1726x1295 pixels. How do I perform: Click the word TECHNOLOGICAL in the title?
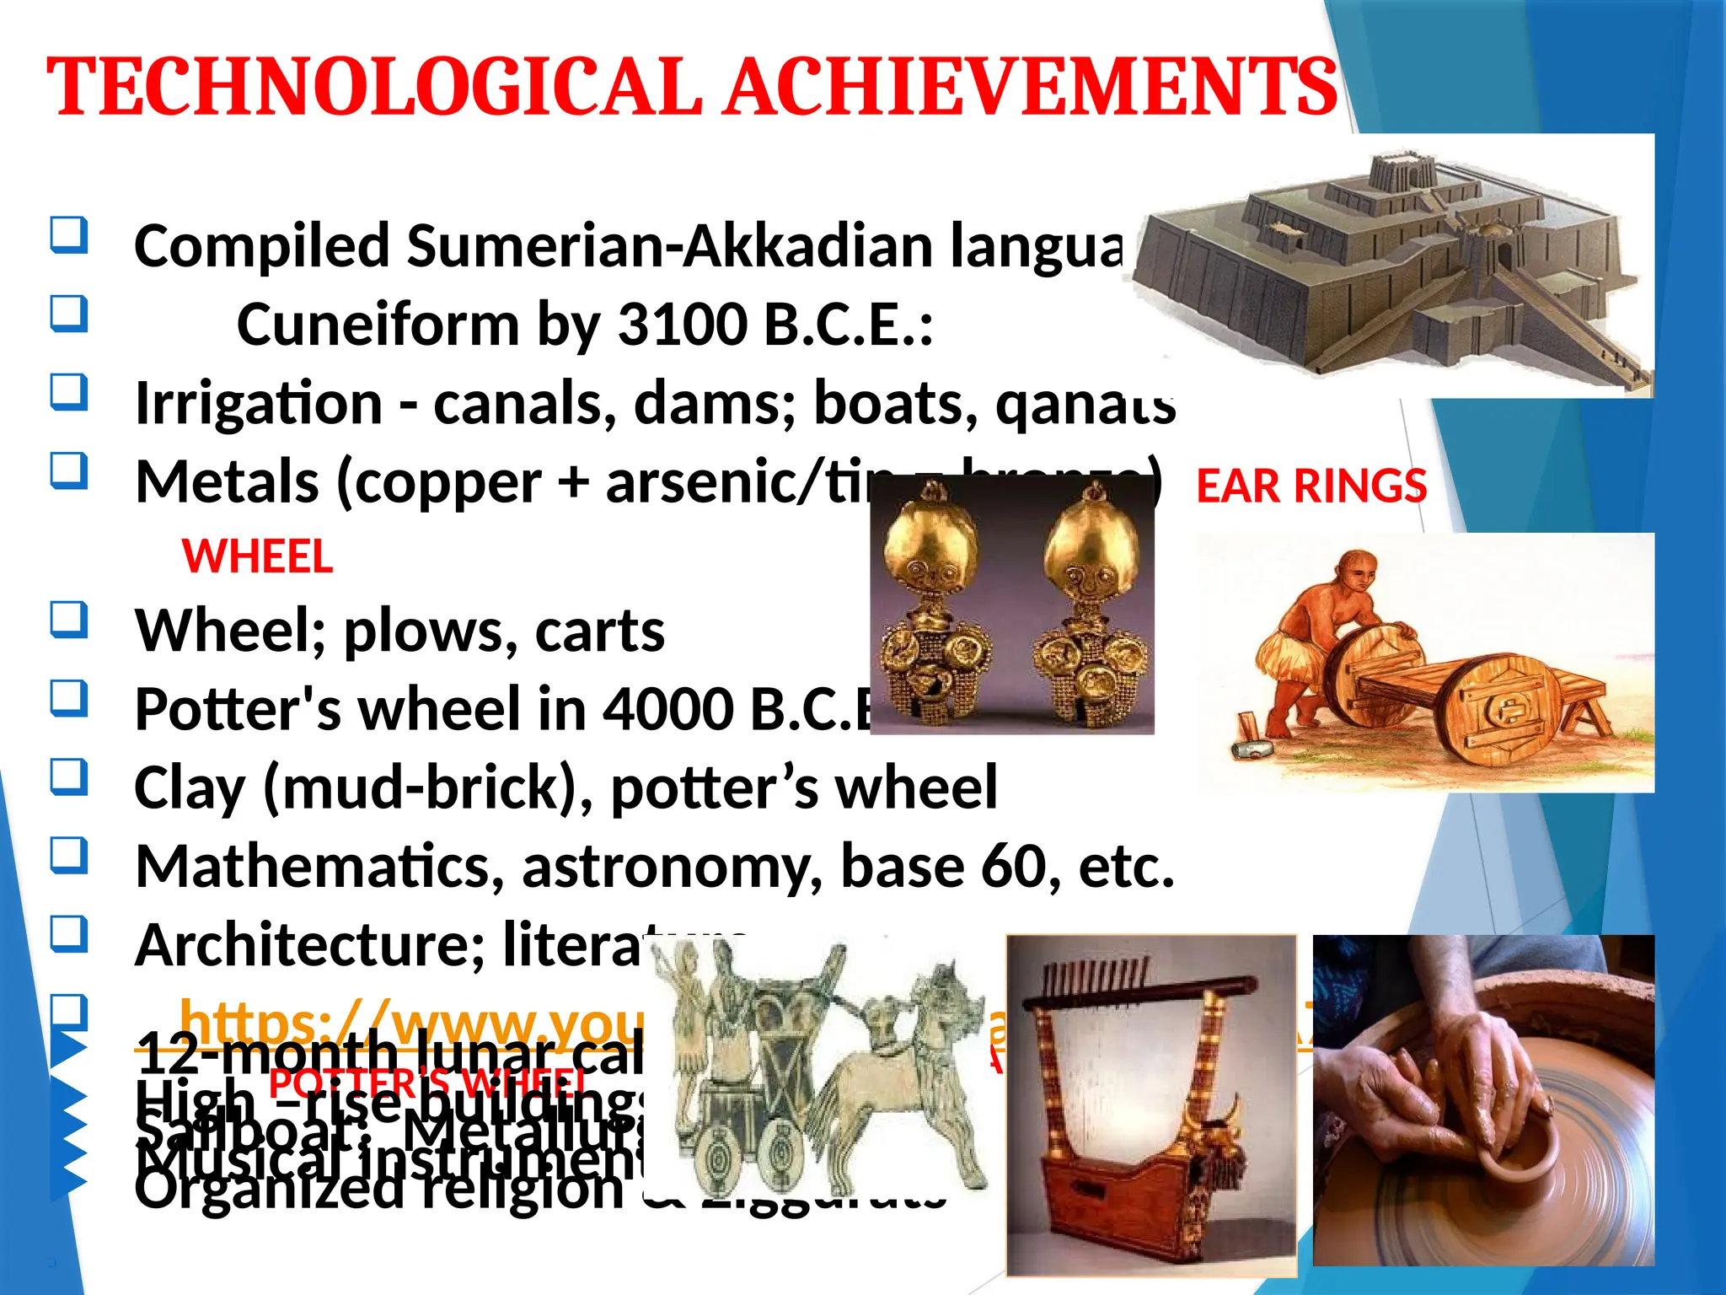point(375,88)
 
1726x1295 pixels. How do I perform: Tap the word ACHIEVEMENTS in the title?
point(1032,88)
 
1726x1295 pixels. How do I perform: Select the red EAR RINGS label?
point(1311,486)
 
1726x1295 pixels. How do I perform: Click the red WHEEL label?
point(257,557)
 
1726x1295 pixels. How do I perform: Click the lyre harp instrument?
point(1150,1104)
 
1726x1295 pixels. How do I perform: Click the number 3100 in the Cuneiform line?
point(683,325)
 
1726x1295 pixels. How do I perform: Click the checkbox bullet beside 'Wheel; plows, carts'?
point(68,620)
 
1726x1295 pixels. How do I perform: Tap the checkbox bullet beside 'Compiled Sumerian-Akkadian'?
point(68,235)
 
